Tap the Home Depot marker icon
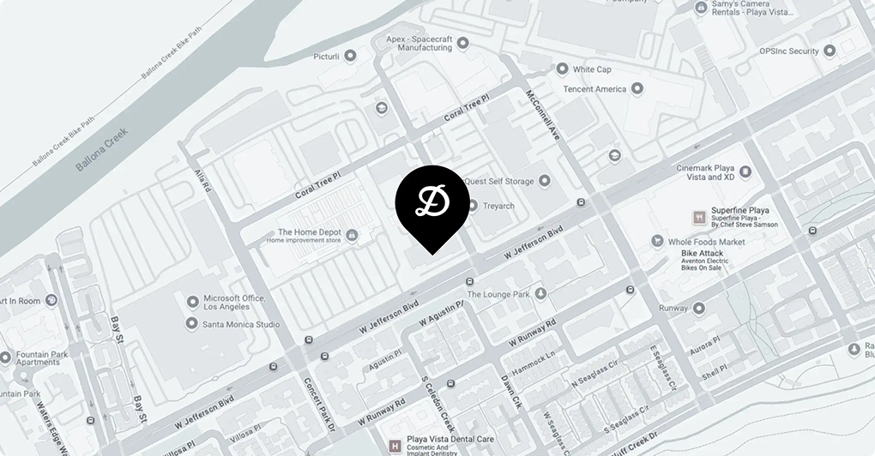click(x=351, y=235)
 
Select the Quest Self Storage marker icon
click(x=544, y=182)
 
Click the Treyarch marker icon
click(x=473, y=206)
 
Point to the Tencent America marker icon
click(x=637, y=88)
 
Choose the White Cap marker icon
click(x=562, y=69)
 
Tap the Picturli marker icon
click(x=350, y=56)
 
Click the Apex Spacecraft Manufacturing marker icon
click(x=463, y=43)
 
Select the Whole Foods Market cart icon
click(x=657, y=242)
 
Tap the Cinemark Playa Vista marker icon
click(x=745, y=172)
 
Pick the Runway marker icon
click(x=698, y=308)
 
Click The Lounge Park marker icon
click(x=540, y=294)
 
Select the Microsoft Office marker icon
click(x=192, y=303)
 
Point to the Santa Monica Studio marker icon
click(x=192, y=324)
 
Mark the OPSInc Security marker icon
click(x=829, y=51)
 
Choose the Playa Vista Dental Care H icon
click(x=395, y=447)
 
